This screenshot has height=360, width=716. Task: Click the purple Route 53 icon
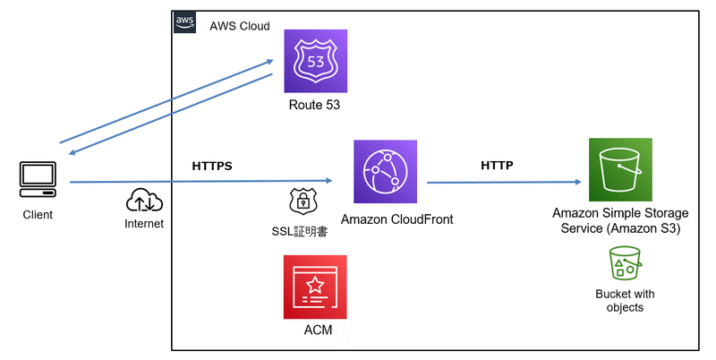click(x=315, y=61)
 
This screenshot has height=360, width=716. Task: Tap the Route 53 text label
click(x=314, y=106)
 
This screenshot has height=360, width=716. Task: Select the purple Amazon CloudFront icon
click(x=386, y=171)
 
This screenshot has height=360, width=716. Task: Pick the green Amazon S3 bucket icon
click(x=620, y=170)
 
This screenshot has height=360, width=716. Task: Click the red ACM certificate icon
click(x=315, y=287)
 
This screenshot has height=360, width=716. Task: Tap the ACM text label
click(x=317, y=330)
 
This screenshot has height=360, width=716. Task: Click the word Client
click(x=38, y=215)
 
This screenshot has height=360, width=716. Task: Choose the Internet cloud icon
click(x=143, y=200)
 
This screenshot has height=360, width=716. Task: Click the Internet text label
click(x=144, y=224)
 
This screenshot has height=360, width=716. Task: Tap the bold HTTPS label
click(x=212, y=167)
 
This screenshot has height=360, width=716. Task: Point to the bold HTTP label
click(x=497, y=166)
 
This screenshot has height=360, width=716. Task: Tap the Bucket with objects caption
click(x=624, y=300)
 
